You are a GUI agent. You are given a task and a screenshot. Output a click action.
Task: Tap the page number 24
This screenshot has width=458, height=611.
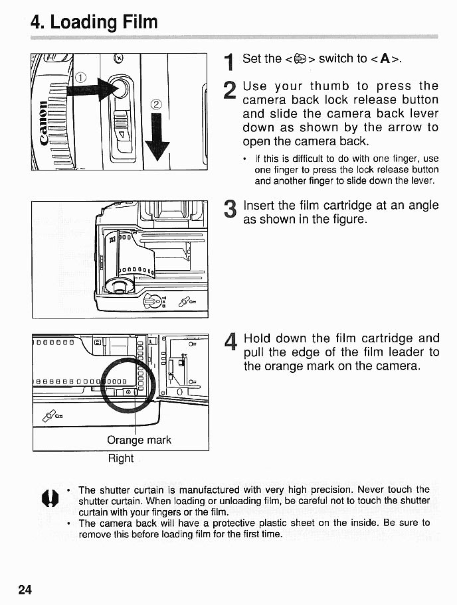[25, 590]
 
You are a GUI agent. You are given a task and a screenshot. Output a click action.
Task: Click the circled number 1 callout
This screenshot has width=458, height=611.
[81, 78]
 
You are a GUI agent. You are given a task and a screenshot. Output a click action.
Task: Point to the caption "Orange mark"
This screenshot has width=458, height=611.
[139, 440]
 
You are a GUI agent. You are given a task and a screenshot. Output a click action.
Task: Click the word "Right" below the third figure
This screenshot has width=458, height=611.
[121, 458]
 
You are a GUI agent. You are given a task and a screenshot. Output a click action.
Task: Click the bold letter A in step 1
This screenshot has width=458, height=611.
[385, 59]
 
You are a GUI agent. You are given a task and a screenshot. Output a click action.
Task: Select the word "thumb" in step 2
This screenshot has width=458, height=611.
[330, 86]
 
